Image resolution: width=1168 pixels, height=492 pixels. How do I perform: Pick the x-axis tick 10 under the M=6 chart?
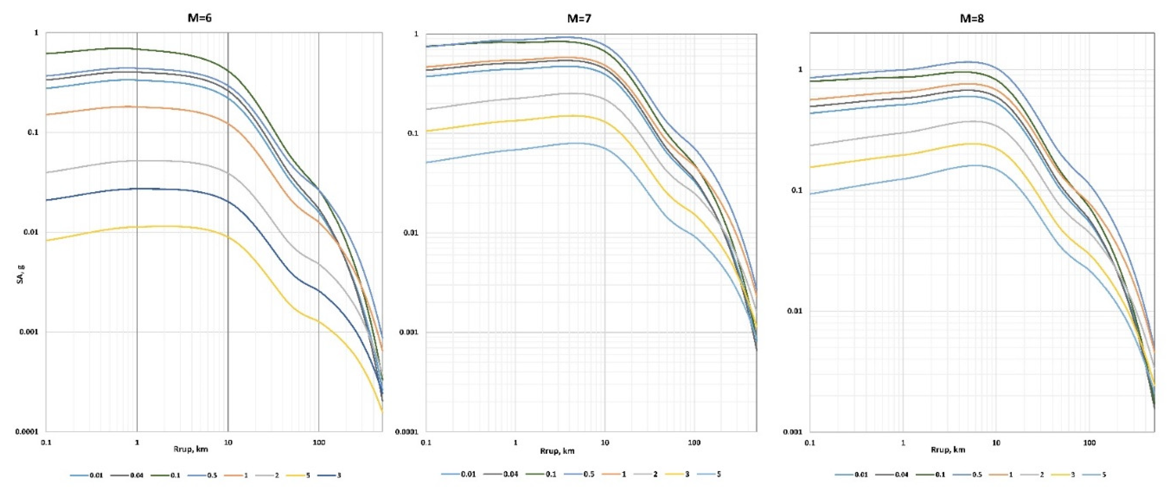point(228,441)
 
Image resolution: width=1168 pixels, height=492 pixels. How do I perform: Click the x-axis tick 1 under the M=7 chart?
point(515,442)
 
